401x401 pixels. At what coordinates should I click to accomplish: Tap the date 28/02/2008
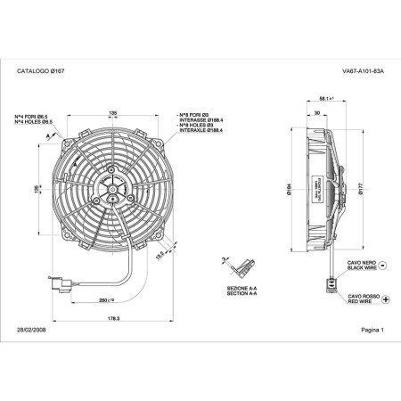32,329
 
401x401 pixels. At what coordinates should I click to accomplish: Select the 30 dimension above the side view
317,113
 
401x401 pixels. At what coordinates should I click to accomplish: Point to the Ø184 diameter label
290,187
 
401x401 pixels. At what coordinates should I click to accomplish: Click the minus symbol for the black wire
383,265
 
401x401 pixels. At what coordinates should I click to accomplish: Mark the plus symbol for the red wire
385,300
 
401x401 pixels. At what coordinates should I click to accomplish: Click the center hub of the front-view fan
113,188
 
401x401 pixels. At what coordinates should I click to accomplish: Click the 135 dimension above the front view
112,113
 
